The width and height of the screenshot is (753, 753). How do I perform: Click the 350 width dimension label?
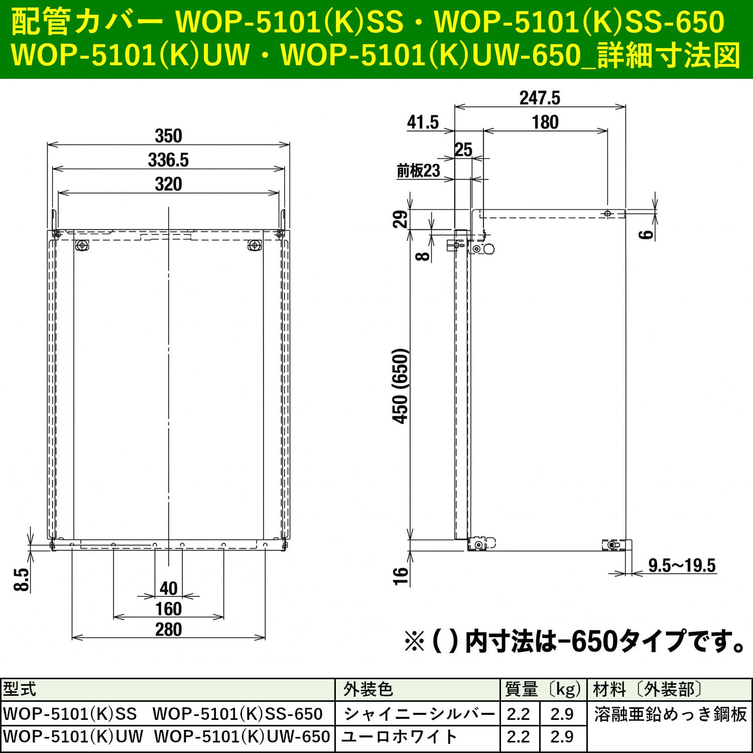168,136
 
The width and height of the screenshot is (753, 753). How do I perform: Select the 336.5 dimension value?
168,160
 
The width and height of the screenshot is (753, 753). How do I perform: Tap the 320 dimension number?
168,184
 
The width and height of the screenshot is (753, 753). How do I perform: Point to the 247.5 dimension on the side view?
540,98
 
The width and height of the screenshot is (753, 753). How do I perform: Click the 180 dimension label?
545,122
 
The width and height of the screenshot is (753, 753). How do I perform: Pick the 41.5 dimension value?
423,122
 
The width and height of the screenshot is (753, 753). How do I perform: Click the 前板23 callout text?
418,171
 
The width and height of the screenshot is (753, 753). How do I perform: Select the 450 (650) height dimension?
401,386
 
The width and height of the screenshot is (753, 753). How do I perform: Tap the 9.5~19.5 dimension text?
682,565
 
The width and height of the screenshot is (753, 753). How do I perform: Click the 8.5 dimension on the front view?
22,580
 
